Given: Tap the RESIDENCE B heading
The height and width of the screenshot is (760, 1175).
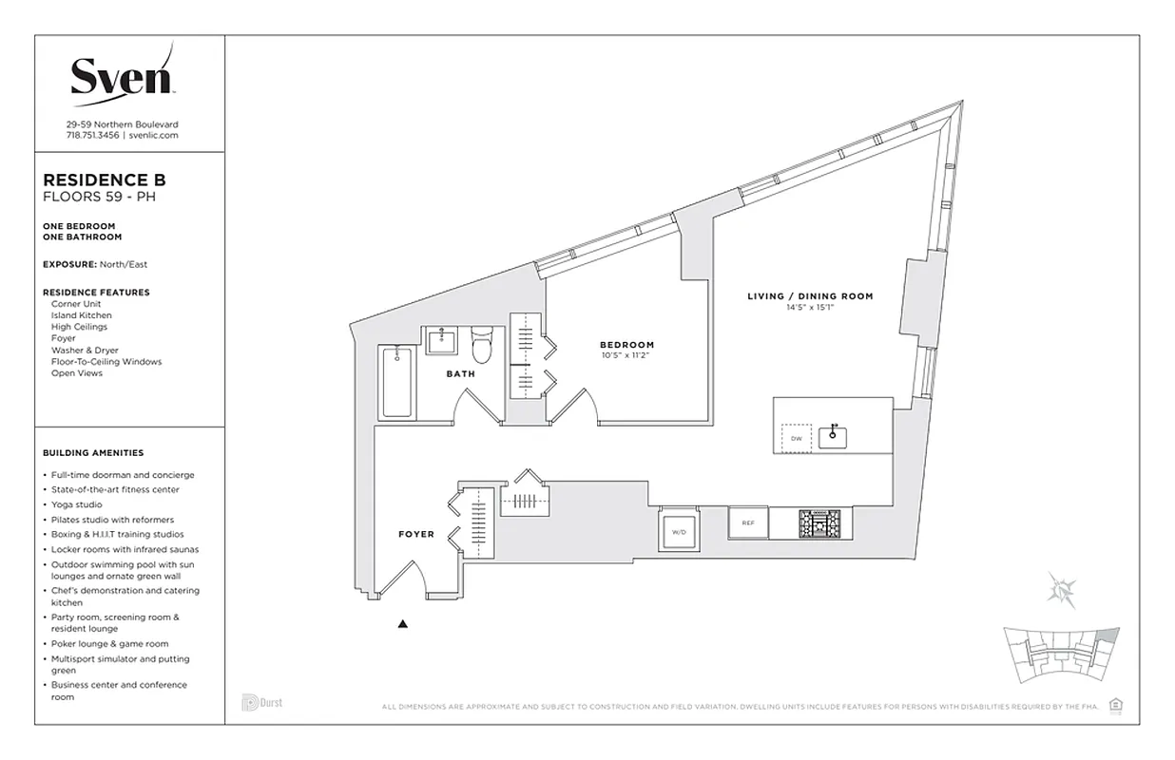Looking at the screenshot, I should (x=105, y=180).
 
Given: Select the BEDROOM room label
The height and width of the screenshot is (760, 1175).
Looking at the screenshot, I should (x=626, y=345).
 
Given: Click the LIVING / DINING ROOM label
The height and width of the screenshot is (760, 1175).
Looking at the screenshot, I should (x=809, y=296).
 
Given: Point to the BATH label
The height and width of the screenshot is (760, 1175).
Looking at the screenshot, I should (x=461, y=374).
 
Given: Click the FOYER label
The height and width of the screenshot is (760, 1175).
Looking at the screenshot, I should (x=415, y=534).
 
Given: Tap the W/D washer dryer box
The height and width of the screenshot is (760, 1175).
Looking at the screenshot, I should (x=679, y=532).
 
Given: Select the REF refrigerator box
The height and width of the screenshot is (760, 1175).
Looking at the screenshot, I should (x=748, y=522).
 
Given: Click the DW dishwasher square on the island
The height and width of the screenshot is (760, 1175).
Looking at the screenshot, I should (x=797, y=438).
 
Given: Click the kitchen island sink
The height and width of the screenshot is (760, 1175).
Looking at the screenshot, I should (x=833, y=436).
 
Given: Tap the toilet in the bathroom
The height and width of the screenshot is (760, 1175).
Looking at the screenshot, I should (x=482, y=346).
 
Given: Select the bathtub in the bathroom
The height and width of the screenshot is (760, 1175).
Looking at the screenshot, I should (x=396, y=382).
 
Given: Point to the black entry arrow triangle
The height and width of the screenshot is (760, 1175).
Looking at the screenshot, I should (x=403, y=624).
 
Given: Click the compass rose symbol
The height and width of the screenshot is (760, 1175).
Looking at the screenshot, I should (x=1061, y=588).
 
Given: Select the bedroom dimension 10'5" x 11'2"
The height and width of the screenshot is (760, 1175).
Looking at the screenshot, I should (x=626, y=356).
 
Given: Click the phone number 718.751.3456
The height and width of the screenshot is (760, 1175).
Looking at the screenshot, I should (x=92, y=136).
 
